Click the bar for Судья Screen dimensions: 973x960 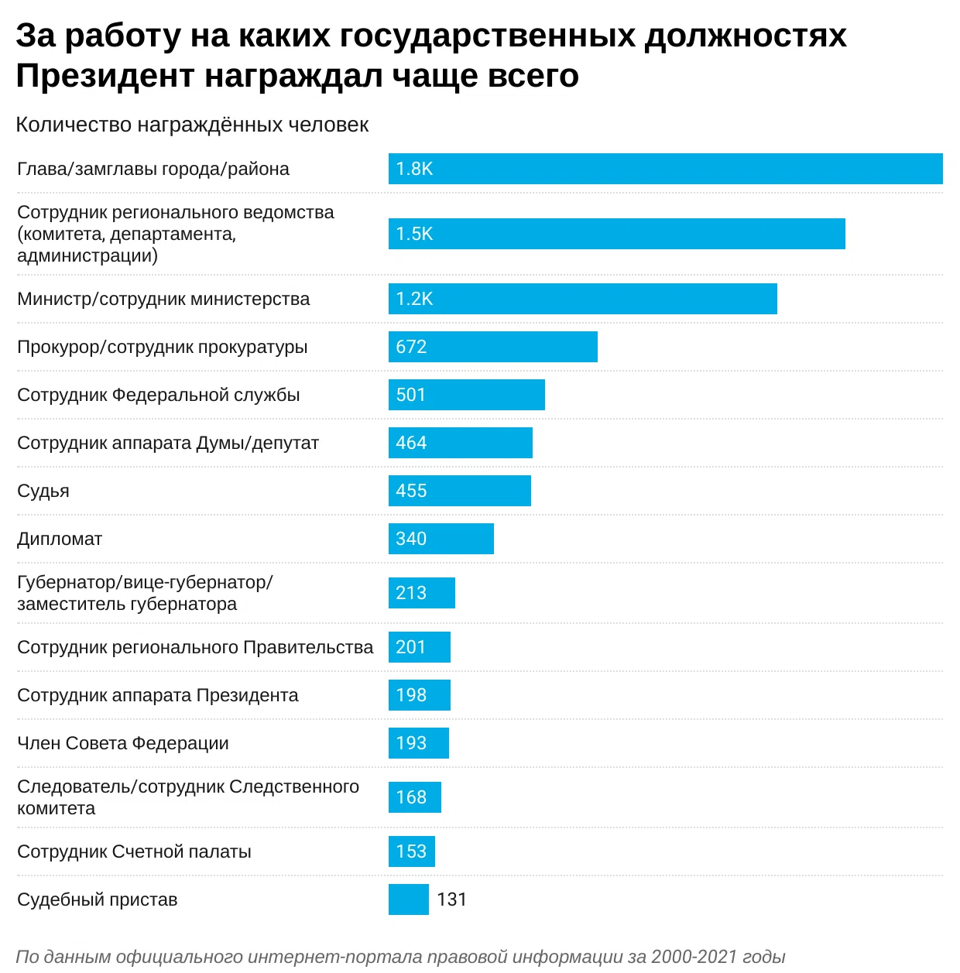[459, 491]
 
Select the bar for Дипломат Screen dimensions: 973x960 [441, 539]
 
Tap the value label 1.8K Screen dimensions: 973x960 [414, 169]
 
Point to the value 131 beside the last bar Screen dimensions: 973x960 [451, 899]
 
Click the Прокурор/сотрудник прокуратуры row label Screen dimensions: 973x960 [163, 347]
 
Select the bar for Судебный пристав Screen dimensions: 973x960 [408, 899]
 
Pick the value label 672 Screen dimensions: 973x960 [411, 347]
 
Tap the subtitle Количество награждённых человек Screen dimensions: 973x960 [192, 125]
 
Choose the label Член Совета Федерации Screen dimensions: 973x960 [123, 743]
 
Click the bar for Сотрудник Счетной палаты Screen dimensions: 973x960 [411, 851]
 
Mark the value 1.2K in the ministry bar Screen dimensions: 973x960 [414, 299]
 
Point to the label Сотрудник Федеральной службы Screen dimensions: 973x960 [159, 395]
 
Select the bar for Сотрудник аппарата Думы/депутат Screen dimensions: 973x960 [460, 443]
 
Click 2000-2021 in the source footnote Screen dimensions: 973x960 [694, 957]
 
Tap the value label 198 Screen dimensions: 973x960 [411, 695]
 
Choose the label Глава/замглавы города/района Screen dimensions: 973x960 [153, 169]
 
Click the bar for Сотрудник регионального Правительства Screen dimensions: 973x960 [419, 647]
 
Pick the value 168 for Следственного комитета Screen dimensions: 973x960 [411, 797]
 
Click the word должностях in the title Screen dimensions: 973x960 [746, 36]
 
